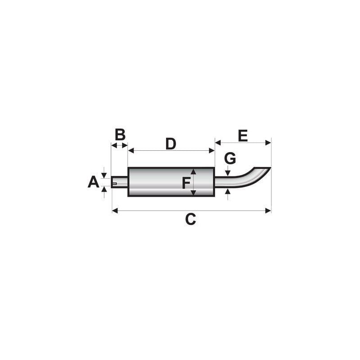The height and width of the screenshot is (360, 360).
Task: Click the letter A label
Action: tap(94, 182)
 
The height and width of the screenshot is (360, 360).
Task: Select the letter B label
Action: tap(120, 135)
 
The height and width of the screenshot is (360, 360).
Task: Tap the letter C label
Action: tap(190, 219)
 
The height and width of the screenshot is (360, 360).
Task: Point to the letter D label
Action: tap(171, 144)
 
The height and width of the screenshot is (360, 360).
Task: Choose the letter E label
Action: tap(243, 136)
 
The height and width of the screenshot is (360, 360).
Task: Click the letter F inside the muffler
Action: tap(186, 183)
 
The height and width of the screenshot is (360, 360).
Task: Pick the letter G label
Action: tap(230, 158)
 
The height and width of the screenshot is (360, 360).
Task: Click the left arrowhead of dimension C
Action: tap(115, 211)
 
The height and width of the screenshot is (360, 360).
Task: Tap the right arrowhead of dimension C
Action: tap(268, 211)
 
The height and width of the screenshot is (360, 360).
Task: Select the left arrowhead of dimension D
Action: tap(131, 151)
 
